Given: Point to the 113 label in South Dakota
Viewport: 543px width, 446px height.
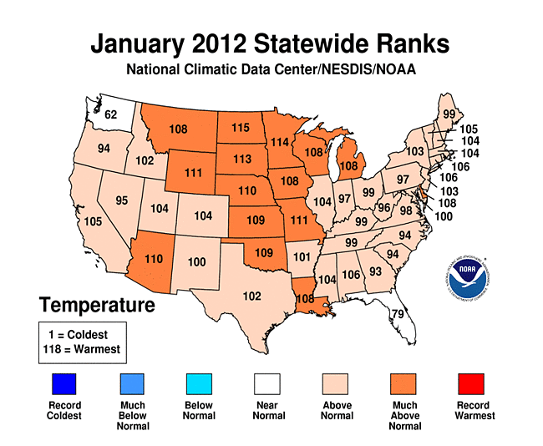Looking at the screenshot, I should point(242,159).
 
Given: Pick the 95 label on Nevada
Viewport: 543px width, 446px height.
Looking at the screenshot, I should point(122,200).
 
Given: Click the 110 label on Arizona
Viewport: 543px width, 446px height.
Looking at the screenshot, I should point(155,260).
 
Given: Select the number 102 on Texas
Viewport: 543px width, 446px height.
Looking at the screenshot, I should point(251,296).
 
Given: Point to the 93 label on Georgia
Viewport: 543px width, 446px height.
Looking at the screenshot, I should point(376,271).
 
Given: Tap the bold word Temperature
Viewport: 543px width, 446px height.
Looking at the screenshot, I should point(96,305).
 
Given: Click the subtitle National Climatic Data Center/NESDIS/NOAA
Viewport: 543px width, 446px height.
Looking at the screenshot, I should point(271,70).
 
